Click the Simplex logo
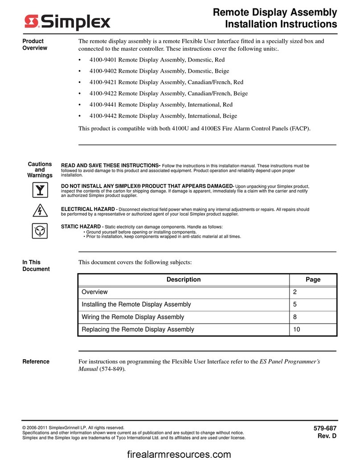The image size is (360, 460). pos(67,21)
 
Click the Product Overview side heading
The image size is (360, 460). pos(35,45)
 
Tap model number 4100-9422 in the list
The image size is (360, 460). pos(102,93)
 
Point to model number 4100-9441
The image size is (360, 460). pos(102,104)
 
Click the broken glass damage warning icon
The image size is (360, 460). pos(40,191)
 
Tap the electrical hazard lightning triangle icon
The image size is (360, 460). pos(40,211)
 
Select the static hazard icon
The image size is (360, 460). pos(40,231)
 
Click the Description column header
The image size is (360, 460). pos(184,279)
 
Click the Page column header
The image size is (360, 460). pos(313,279)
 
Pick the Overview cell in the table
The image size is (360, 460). pos(94,292)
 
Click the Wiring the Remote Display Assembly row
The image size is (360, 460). pos(133,317)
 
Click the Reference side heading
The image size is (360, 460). pos(36,361)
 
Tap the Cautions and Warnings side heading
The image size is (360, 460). pos(40,169)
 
